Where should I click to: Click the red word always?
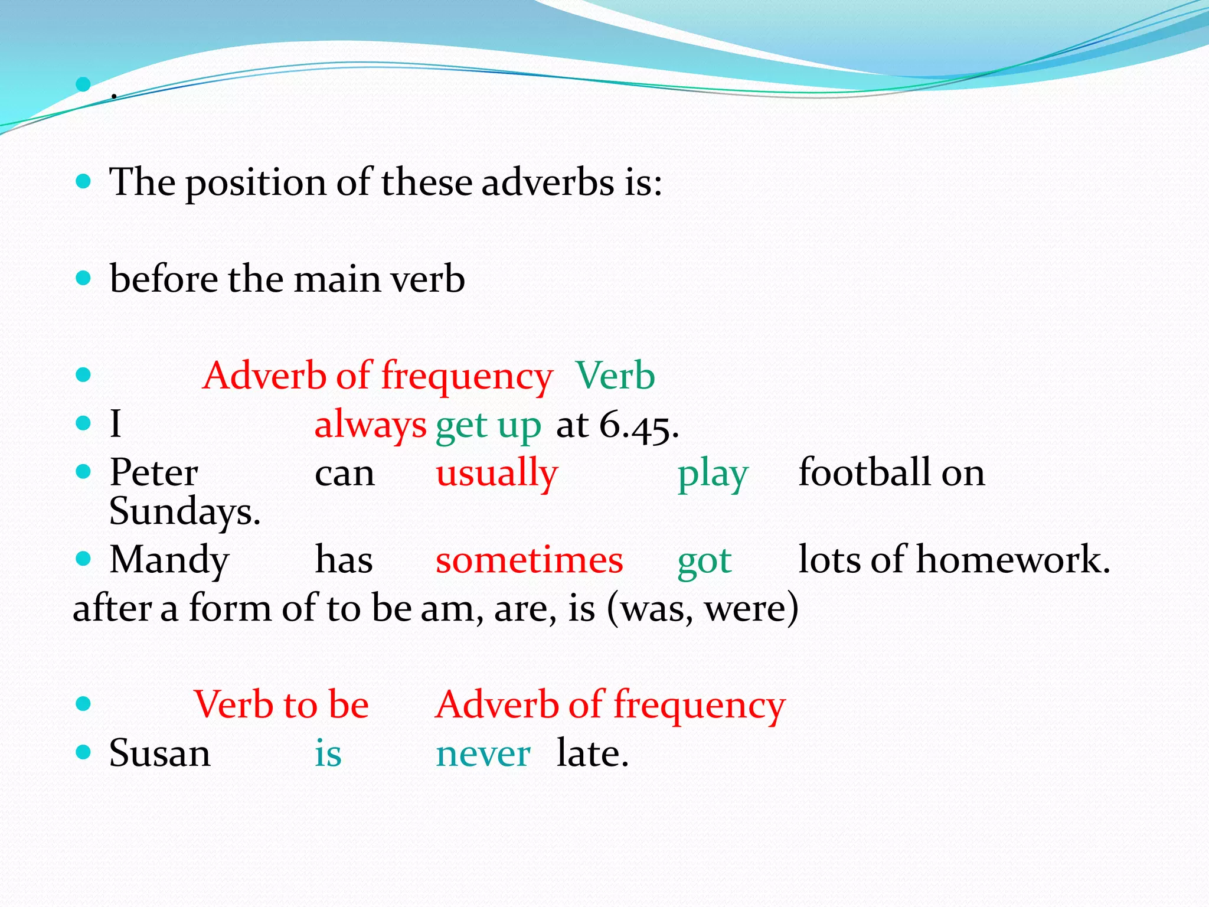[370, 425]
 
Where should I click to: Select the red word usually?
[496, 474]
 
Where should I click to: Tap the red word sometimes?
[529, 560]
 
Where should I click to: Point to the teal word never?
[483, 754]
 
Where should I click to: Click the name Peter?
[153, 473]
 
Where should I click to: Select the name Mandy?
[169, 560]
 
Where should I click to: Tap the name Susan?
[159, 753]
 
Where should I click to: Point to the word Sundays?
[184, 511]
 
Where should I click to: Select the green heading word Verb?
[615, 376]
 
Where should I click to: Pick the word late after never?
[592, 753]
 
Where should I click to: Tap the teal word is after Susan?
[328, 753]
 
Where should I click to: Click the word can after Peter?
[345, 474]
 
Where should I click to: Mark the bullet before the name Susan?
[84, 752]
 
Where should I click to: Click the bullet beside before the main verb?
[84, 278]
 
